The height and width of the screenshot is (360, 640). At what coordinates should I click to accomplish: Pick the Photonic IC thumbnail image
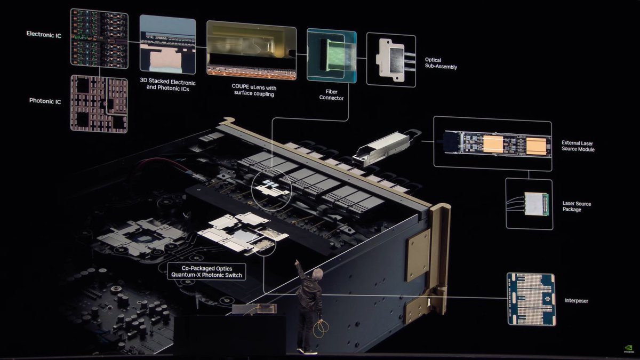coord(99,104)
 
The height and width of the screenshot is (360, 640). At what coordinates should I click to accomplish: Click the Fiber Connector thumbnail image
coord(331,56)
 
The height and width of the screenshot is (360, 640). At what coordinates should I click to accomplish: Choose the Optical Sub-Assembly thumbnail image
coord(391,60)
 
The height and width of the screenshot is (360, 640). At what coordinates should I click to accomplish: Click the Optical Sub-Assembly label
coord(441,63)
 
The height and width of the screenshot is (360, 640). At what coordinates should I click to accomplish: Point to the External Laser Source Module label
coord(578,146)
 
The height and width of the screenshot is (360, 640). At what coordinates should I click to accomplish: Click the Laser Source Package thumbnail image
coord(529,204)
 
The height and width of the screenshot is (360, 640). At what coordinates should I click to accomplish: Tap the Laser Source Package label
coord(577,206)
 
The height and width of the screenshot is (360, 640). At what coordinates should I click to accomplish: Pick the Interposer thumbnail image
coord(531,299)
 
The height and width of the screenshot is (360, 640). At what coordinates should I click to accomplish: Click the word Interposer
coord(576,301)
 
